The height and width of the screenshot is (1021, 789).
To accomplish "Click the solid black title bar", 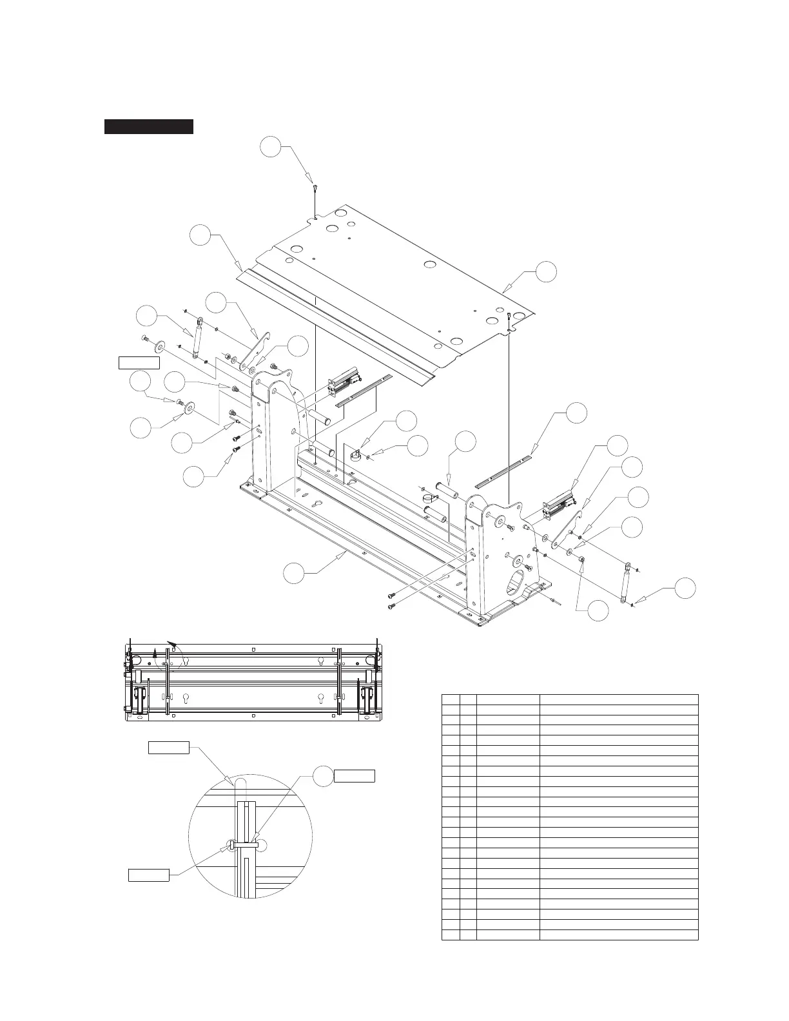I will (x=149, y=126).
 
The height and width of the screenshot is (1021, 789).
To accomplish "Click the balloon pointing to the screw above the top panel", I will (x=271, y=147).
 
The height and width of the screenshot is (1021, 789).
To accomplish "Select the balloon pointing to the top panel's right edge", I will (x=546, y=271).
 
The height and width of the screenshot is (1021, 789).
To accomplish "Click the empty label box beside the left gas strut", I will (x=139, y=362).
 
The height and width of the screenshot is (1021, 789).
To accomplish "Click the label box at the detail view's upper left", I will (x=169, y=748).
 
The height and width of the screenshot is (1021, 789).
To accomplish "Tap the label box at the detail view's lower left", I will (x=149, y=875).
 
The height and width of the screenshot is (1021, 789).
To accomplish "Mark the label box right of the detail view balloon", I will (x=354, y=775).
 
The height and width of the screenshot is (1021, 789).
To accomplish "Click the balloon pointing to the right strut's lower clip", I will (x=685, y=588).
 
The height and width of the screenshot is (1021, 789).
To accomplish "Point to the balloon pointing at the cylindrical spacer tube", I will (x=465, y=443).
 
